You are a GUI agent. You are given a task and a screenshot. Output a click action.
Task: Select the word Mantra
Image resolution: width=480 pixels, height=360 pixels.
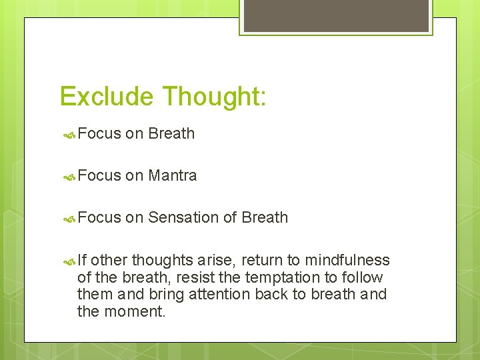click(172, 175)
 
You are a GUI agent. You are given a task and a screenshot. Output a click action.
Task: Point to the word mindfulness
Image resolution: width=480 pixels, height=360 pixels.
click(348, 260)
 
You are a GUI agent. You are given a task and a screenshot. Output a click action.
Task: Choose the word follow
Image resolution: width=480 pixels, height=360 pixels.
click(361, 277)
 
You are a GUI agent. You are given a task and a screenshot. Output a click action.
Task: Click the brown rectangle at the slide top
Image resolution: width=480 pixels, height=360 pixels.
click(335, 15)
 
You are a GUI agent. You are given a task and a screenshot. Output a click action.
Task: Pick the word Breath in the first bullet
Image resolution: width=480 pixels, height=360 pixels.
click(171, 133)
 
